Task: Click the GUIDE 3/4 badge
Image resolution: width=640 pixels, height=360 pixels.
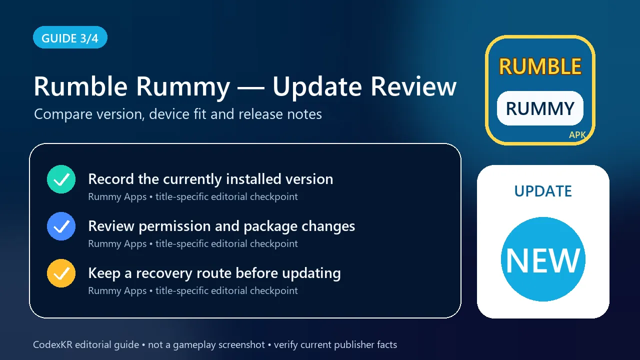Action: pyautogui.click(x=70, y=37)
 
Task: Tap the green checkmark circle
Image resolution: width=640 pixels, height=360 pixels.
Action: pyautogui.click(x=61, y=179)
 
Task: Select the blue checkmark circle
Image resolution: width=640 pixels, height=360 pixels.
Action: pyautogui.click(x=61, y=226)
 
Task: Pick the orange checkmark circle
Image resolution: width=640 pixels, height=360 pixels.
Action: pyautogui.click(x=61, y=273)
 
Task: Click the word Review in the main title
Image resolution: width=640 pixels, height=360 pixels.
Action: pyautogui.click(x=413, y=86)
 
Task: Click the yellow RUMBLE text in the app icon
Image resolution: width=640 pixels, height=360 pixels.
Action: pyautogui.click(x=540, y=66)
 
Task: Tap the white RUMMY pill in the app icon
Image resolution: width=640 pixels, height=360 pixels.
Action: pyautogui.click(x=540, y=108)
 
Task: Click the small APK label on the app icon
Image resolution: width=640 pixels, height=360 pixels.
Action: pyautogui.click(x=577, y=135)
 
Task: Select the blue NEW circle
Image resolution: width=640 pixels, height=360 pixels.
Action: pyautogui.click(x=543, y=259)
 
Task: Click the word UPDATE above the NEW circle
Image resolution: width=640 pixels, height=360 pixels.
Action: pyautogui.click(x=543, y=191)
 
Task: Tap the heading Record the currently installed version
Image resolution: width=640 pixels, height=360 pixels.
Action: pyautogui.click(x=210, y=179)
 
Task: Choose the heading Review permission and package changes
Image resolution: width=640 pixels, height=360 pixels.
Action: pyautogui.click(x=221, y=226)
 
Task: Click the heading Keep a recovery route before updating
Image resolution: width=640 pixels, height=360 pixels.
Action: pyautogui.click(x=214, y=273)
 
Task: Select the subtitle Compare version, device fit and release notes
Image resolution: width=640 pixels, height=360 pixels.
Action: pyautogui.click(x=178, y=114)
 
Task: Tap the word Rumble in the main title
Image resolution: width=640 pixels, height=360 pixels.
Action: pyautogui.click(x=80, y=86)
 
